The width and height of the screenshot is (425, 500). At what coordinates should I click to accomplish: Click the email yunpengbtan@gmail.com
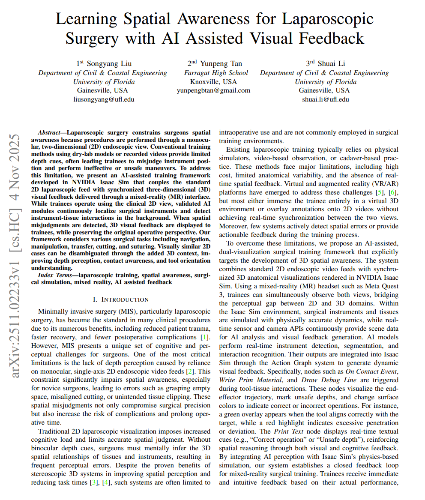(213, 90)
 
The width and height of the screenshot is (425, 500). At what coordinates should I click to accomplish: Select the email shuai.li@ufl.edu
(325, 99)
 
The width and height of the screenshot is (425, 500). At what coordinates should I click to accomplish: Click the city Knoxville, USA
(213, 82)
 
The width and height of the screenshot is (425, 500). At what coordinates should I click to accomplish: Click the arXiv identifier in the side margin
(15, 256)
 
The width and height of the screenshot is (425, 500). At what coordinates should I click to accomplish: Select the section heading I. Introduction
(121, 299)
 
